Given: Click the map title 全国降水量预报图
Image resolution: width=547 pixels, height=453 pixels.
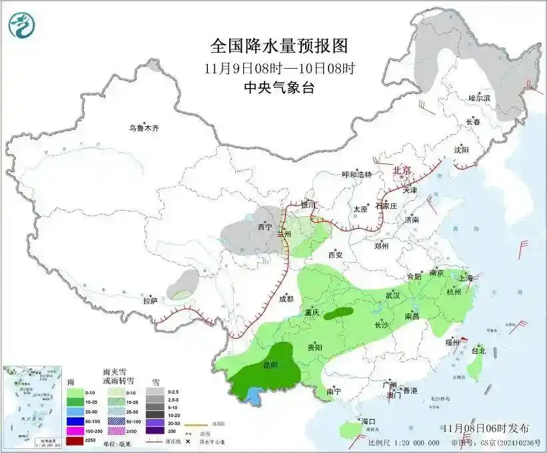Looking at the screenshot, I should point(279,46).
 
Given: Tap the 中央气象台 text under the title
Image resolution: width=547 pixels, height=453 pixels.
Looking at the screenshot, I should point(279,87).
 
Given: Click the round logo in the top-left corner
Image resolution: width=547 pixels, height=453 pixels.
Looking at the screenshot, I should point(21,25).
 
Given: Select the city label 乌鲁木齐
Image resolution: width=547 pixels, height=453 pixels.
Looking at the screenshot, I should point(145,128).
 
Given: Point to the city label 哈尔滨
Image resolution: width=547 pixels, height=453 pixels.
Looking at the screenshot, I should point(479,98).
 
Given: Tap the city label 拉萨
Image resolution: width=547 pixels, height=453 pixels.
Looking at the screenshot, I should point(150,301).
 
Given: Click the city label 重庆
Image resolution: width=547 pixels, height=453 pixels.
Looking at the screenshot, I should point(312,312).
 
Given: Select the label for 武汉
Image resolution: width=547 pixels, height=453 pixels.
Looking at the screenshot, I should point(392,295).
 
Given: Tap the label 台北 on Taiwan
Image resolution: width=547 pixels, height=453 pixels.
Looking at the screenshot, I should point(478,350).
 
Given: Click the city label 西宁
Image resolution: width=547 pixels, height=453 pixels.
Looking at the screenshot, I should point(265,228).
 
